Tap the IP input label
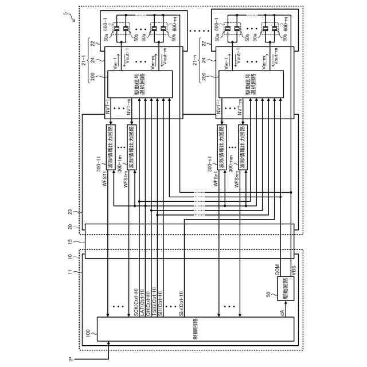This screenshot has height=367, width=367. [71, 360]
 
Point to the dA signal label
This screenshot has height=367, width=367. [282, 308]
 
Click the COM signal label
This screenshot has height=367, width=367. [277, 271]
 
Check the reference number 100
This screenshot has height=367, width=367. [88, 331]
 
